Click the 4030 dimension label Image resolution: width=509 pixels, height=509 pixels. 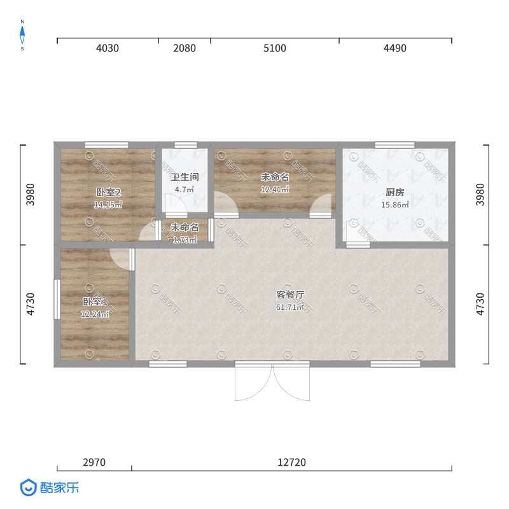108,48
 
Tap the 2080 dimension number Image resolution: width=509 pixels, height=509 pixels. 185,48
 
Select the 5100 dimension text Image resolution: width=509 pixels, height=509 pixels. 275,48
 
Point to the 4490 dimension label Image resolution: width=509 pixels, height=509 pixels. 394,48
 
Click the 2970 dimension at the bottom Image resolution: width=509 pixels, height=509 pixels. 94,462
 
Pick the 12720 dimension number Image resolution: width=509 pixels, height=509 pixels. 291,462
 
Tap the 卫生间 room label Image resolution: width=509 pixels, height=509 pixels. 185,177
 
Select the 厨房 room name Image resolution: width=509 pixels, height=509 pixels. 394,192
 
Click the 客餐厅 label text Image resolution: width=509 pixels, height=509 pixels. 290,295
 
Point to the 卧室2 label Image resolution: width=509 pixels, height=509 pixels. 108,192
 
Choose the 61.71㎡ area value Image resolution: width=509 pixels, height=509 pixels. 290,307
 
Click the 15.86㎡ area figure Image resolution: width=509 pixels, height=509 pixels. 394,204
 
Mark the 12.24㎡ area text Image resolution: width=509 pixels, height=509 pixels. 94,314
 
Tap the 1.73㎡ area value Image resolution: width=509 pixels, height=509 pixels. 185,240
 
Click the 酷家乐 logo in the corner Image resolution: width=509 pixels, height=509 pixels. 50,487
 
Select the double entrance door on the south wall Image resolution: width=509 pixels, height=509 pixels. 272,380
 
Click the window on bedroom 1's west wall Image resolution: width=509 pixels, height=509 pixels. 57,299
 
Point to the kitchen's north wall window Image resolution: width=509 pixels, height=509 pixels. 394,145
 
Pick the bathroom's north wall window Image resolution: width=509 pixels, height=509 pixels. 186,145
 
